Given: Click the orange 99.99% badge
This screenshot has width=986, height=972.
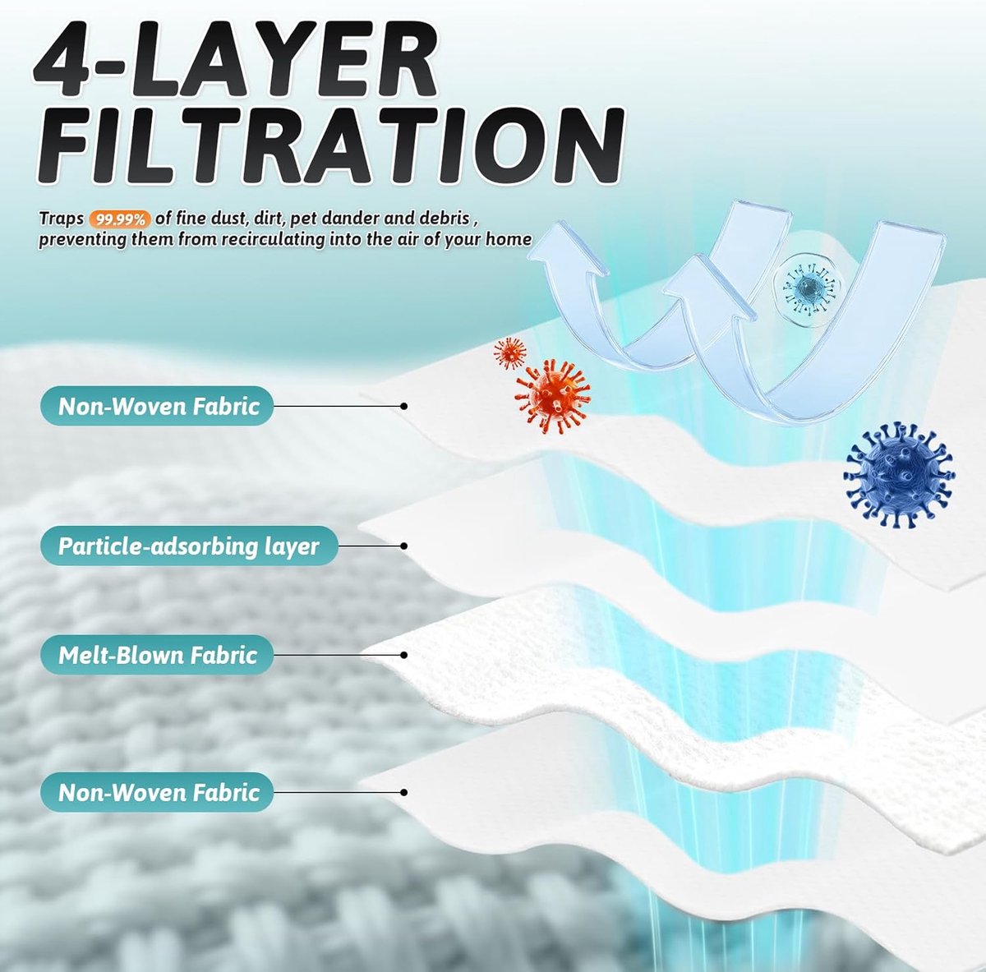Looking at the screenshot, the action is pyautogui.click(x=120, y=219).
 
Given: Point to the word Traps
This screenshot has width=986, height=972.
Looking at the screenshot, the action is pyautogui.click(x=62, y=219).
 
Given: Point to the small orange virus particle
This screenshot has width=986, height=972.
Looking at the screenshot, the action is pyautogui.click(x=509, y=352).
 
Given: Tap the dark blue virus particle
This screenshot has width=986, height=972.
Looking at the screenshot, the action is pyautogui.click(x=899, y=474).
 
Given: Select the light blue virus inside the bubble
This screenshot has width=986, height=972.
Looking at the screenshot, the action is pyautogui.click(x=808, y=289).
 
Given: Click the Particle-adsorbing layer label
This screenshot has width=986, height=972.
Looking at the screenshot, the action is pyautogui.click(x=189, y=546).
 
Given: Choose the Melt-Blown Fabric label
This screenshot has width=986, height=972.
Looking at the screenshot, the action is pyautogui.click(x=157, y=655).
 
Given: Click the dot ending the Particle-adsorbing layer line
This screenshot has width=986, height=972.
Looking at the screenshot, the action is pyautogui.click(x=403, y=546).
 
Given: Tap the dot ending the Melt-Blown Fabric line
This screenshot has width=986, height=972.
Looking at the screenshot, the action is pyautogui.click(x=403, y=655).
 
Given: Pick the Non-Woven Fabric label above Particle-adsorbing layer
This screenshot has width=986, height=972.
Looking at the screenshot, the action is pyautogui.click(x=157, y=406).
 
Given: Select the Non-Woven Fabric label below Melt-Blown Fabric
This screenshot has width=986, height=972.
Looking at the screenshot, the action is pyautogui.click(x=157, y=792).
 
